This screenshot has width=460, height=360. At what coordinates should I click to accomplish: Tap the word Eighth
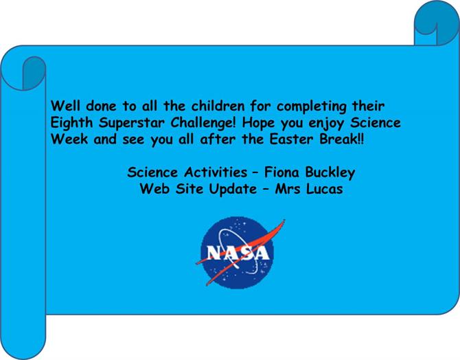click(71, 123)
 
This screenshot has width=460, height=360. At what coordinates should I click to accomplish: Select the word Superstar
click(131, 124)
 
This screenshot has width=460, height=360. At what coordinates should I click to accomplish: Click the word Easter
click(291, 139)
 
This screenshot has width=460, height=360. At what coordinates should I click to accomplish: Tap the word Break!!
click(342, 139)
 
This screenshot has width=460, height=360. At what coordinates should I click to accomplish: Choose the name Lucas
click(325, 189)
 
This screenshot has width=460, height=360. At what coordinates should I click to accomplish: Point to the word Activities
click(216, 172)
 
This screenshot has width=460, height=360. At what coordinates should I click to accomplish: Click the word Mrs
click(288, 189)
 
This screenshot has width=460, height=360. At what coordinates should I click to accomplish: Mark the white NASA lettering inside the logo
click(238, 253)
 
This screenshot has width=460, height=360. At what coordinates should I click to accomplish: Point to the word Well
click(65, 106)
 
